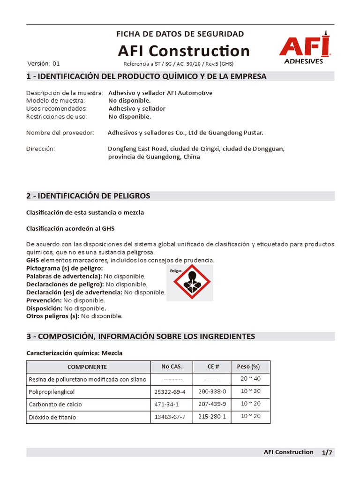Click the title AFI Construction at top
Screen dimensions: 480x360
coord(184,51)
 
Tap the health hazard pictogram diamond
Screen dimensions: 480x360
coord(189,283)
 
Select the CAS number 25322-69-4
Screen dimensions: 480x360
coord(170,391)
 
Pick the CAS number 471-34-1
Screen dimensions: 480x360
coord(167,404)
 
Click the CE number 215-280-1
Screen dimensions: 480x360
coord(212,417)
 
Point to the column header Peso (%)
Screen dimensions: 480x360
coord(248,367)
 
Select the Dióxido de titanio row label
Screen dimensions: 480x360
coord(52,417)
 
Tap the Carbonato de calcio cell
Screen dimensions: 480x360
coord(55,404)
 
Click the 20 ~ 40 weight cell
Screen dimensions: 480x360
coord(250,379)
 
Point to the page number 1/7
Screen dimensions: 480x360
coord(327,452)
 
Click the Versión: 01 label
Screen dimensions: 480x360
coord(44,64)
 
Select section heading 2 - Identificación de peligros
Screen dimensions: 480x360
coord(88,195)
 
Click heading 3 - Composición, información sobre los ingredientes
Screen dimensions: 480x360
coord(141,336)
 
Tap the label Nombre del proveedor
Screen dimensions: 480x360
coord(60,133)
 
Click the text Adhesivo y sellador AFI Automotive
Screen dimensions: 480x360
coord(160,93)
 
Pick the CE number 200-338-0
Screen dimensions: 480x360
coord(212,391)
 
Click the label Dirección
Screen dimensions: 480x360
coord(41,149)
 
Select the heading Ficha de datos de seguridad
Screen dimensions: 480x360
coord(180,34)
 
